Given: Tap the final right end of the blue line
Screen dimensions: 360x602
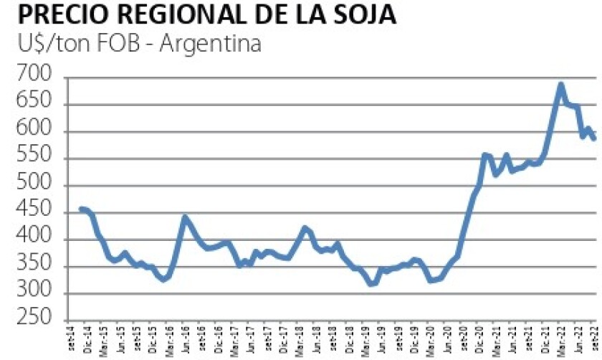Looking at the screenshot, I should tap(594, 139).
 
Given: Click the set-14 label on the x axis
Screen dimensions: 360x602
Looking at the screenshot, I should tap(78, 341).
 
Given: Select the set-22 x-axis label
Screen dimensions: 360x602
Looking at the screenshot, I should tap(594, 341).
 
